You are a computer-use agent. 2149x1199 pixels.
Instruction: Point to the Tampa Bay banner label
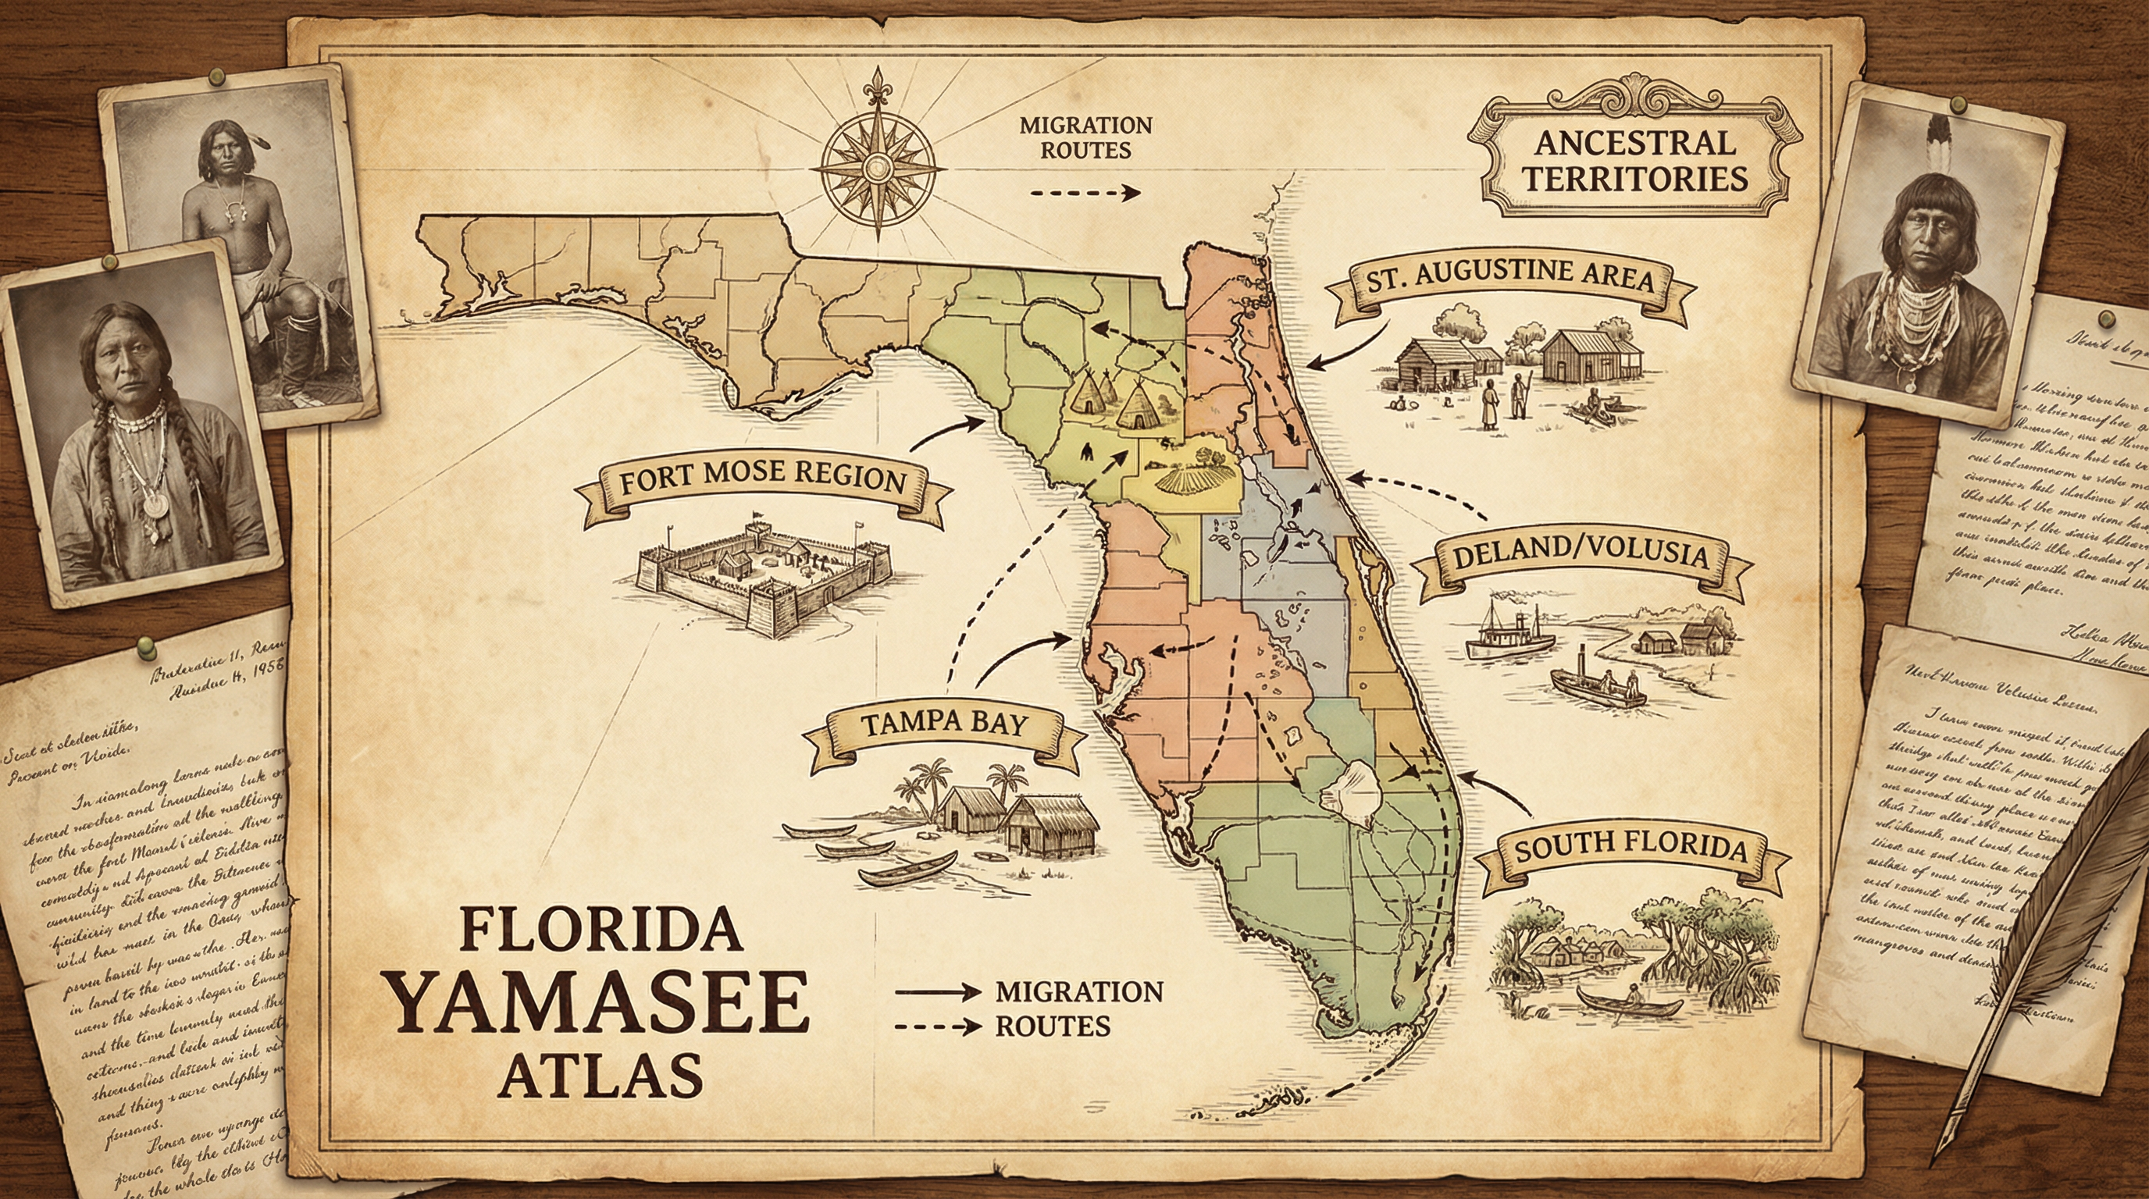click(x=943, y=722)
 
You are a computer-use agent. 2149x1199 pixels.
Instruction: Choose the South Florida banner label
click(x=1630, y=849)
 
